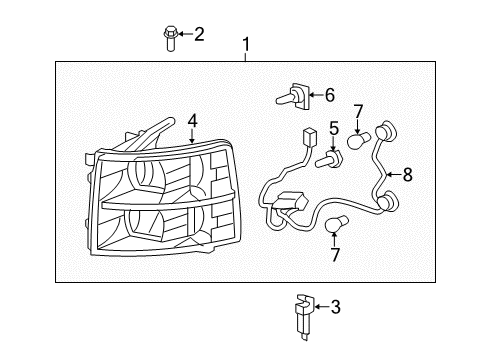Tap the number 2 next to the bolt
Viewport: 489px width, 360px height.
[199, 35]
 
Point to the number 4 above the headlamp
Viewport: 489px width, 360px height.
[193, 121]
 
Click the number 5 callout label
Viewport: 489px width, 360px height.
[336, 128]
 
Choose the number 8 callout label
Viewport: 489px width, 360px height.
[407, 174]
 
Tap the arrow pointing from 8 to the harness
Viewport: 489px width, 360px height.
[394, 174]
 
